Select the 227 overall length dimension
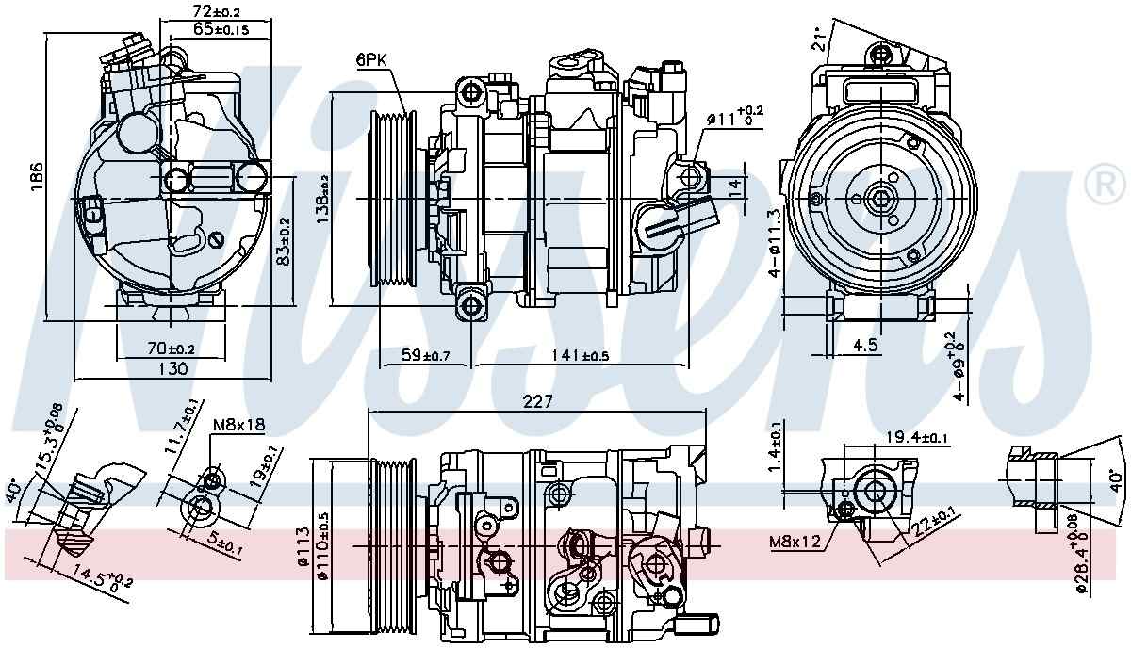pyautogui.click(x=537, y=400)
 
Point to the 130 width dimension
pyautogui.click(x=171, y=369)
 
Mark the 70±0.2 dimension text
pyautogui.click(x=171, y=348)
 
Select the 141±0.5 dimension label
pyautogui.click(x=581, y=355)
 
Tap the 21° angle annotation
pyautogui.click(x=823, y=37)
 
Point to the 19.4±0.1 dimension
pyautogui.click(x=918, y=436)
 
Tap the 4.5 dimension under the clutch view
pyautogui.click(x=865, y=346)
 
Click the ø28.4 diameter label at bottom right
pyautogui.click(x=1083, y=558)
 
